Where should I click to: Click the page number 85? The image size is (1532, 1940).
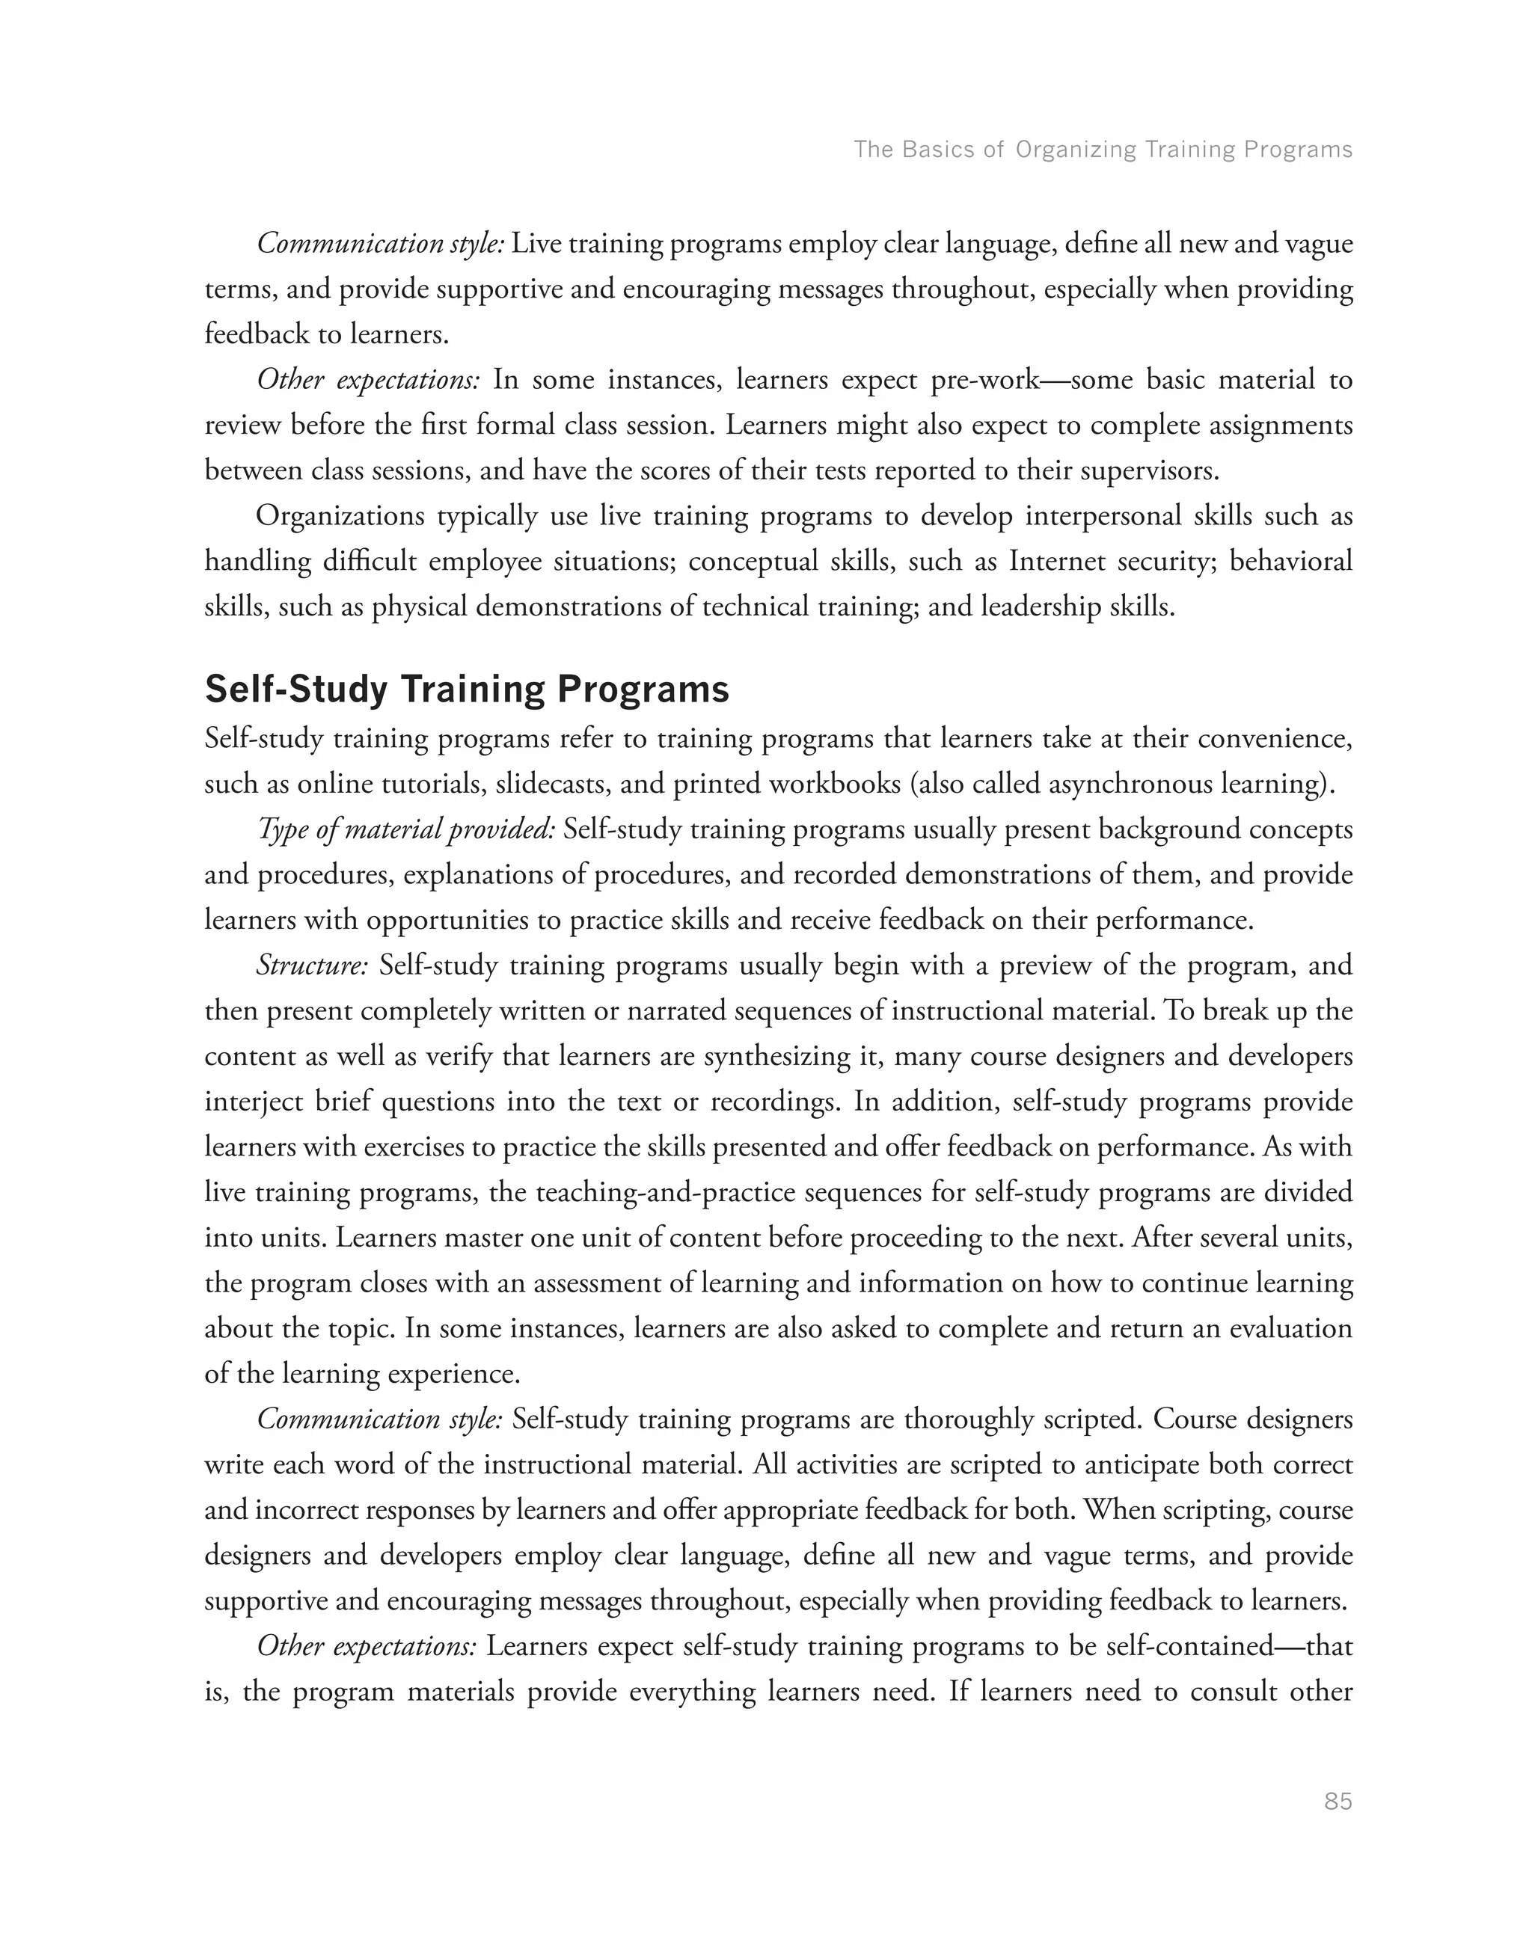tap(1338, 1801)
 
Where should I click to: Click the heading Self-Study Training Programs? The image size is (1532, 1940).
tap(467, 689)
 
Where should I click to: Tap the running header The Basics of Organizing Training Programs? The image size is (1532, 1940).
tap(1103, 149)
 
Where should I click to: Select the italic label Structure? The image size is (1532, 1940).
tap(311, 966)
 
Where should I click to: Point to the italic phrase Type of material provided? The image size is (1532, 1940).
tap(406, 829)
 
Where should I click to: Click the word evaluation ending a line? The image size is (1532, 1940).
tap(1290, 1328)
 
